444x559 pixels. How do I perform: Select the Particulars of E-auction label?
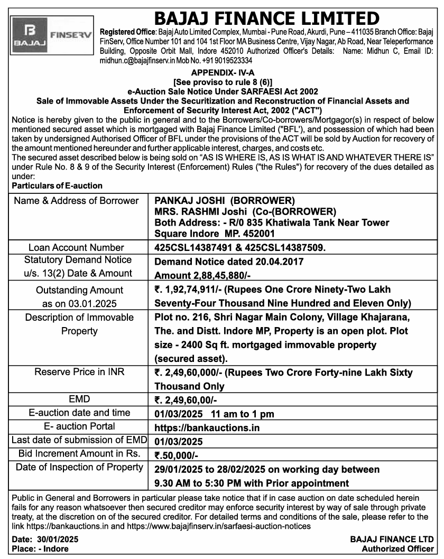[x=57, y=186]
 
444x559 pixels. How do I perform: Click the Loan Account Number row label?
[x=77, y=247]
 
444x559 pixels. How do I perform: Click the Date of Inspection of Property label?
[x=79, y=467]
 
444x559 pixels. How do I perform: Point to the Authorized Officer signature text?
[x=397, y=549]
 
